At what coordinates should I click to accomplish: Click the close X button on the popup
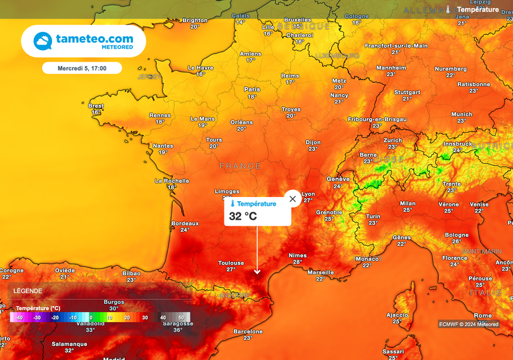293,199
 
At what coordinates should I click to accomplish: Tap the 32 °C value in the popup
243,216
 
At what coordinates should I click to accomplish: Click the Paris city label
252,89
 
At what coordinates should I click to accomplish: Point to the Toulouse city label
230,263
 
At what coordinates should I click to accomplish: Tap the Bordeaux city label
185,223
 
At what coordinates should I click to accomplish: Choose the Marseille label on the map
321,272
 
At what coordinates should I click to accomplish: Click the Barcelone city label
248,331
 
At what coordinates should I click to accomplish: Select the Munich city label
462,114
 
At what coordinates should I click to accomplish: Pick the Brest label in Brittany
96,106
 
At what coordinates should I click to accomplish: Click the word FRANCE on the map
240,166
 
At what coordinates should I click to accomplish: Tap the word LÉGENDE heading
27,291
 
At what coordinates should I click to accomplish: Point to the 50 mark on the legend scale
180,317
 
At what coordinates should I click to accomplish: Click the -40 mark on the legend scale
19,317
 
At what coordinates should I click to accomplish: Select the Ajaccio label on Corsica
397,315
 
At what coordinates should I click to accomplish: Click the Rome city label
482,315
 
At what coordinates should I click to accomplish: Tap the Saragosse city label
178,323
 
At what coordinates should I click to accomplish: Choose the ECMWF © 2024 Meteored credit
468,324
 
